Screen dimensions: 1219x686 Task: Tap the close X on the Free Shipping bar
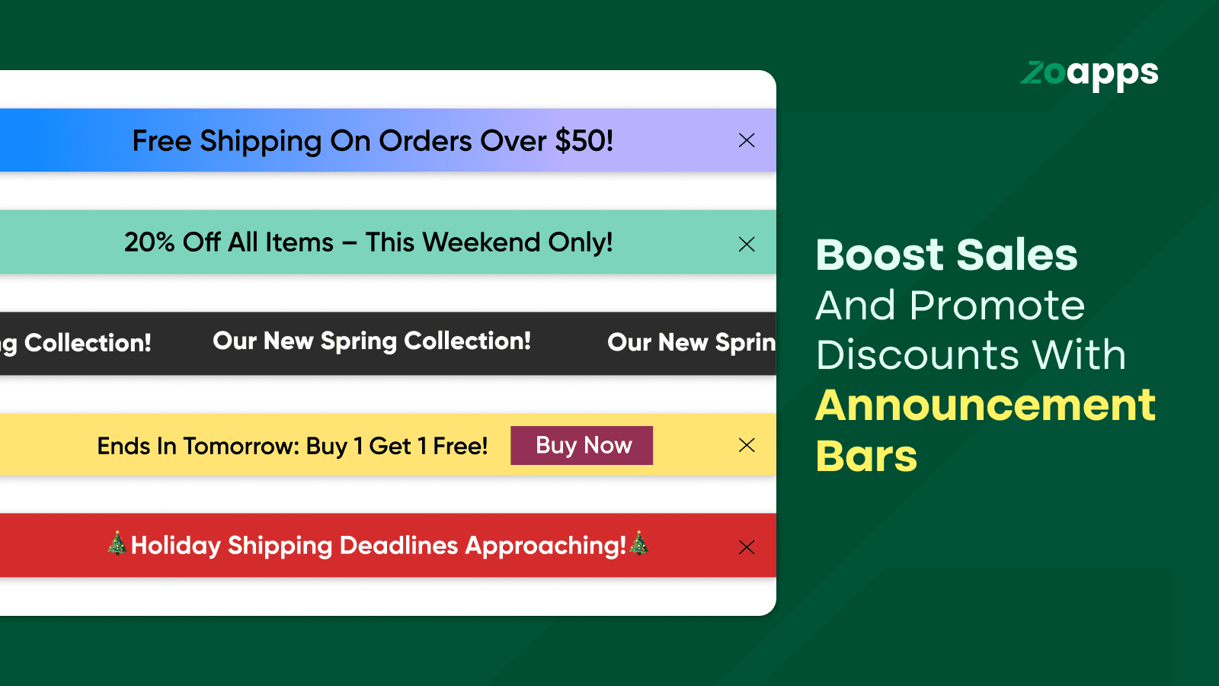coord(747,140)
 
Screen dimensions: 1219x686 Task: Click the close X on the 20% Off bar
coord(747,244)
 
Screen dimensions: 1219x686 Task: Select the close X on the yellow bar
coord(747,445)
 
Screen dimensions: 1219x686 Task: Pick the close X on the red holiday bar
coord(747,547)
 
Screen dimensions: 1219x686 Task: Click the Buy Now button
coord(582,445)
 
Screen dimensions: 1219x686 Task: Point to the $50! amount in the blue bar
coord(584,140)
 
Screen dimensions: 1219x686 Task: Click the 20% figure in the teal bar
coord(149,242)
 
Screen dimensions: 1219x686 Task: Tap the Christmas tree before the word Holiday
coord(117,543)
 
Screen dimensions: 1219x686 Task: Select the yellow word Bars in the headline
coord(866,456)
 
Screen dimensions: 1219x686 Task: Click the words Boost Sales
coord(946,255)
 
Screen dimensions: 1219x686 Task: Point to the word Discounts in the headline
coord(917,355)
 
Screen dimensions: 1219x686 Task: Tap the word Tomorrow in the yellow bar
coord(241,446)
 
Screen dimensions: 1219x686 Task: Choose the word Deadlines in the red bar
coord(398,546)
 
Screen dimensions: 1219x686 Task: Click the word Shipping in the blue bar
coord(261,142)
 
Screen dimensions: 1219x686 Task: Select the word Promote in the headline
coord(997,305)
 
